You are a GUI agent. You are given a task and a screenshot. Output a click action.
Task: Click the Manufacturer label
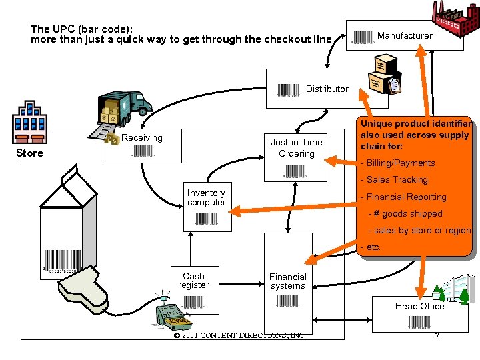pyautogui.click(x=405, y=35)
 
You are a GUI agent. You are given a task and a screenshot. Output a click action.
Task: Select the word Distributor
pyautogui.click(x=327, y=89)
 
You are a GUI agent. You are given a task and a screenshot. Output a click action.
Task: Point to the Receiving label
pyautogui.click(x=141, y=138)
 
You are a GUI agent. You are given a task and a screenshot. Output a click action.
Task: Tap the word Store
pyautogui.click(x=29, y=153)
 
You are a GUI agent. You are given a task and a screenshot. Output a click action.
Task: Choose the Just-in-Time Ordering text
pyautogui.click(x=296, y=148)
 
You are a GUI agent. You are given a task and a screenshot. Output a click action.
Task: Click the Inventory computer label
pyautogui.click(x=207, y=198)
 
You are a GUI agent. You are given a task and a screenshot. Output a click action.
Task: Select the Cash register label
pyautogui.click(x=193, y=281)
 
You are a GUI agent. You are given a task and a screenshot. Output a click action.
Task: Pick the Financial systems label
pyautogui.click(x=288, y=281)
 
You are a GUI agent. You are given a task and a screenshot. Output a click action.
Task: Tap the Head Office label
pyautogui.click(x=419, y=306)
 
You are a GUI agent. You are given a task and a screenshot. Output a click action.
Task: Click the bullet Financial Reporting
pyautogui.click(x=403, y=197)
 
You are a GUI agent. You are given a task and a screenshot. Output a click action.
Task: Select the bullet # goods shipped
pyautogui.click(x=407, y=214)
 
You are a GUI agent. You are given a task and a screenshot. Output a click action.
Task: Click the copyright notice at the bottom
pyautogui.click(x=239, y=335)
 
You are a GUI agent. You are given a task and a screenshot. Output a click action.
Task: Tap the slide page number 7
pyautogui.click(x=437, y=335)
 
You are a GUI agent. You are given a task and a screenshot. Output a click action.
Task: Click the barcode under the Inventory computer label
pyautogui.click(x=207, y=218)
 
